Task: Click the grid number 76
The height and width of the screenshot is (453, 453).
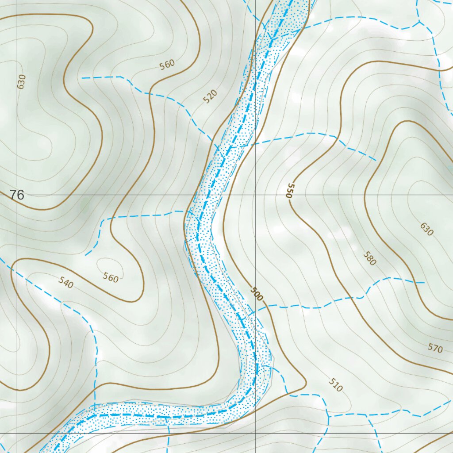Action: tap(17, 195)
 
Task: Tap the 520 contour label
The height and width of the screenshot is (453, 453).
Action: tap(211, 96)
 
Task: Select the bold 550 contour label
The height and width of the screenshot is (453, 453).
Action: tap(290, 190)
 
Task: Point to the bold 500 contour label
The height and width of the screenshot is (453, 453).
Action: tap(256, 294)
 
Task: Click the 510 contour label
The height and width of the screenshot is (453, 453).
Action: tap(336, 385)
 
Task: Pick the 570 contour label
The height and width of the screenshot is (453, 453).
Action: tap(435, 348)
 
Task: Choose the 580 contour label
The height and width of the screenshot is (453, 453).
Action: tap(369, 258)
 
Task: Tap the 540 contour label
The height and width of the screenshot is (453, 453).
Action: tap(65, 282)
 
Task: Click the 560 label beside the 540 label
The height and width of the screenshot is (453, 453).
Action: tap(111, 278)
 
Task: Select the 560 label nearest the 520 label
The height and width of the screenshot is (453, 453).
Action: tap(168, 65)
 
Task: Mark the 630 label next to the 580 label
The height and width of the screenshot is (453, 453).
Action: tap(426, 229)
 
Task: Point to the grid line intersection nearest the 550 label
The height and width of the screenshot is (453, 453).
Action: tap(255, 195)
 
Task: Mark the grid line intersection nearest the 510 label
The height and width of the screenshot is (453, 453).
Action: tap(255, 433)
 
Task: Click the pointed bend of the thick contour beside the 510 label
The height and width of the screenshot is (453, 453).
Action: tap(306, 381)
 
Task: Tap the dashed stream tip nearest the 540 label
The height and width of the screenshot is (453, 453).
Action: tap(85, 255)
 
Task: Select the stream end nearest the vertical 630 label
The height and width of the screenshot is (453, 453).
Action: tap(82, 78)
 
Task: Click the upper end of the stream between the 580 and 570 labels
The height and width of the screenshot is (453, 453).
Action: tap(424, 282)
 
